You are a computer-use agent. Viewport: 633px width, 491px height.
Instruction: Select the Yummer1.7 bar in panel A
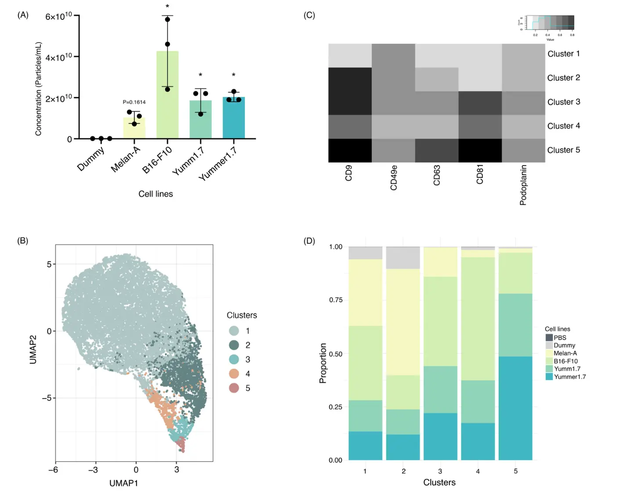[x=234, y=118]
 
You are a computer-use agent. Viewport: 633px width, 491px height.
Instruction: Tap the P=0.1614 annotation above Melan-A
[x=134, y=102]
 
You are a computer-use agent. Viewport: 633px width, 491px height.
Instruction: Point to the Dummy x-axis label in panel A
[x=91, y=159]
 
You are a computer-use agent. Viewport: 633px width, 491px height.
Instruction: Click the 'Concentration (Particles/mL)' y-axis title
[x=39, y=89]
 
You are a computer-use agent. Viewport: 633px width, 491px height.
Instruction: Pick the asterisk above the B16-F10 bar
[x=167, y=7]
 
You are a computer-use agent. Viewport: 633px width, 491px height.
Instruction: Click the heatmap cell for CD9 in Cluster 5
[x=350, y=150]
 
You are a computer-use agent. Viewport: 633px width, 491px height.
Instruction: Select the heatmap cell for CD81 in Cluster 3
[x=480, y=103]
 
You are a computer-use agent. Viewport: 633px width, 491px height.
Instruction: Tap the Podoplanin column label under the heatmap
[x=523, y=185]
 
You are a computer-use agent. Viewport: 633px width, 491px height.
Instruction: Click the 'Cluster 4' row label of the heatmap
[x=563, y=126]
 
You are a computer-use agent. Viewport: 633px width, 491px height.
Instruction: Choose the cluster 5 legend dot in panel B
[x=234, y=388]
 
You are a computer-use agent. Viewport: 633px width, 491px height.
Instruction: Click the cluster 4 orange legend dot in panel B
[x=234, y=374]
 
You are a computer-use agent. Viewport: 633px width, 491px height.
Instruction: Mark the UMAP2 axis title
[x=33, y=349]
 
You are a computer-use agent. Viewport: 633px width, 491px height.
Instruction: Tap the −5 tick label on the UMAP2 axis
[x=47, y=398]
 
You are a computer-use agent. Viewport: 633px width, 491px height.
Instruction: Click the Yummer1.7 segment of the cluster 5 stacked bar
[x=515, y=408]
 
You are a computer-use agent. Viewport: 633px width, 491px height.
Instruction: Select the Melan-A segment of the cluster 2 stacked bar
[x=403, y=322]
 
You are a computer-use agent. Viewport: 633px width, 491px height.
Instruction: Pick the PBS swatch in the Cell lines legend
[x=549, y=338]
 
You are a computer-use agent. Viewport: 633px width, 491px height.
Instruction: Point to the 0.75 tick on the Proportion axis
[x=336, y=300]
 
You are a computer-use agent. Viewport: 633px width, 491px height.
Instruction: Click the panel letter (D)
[x=309, y=241]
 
